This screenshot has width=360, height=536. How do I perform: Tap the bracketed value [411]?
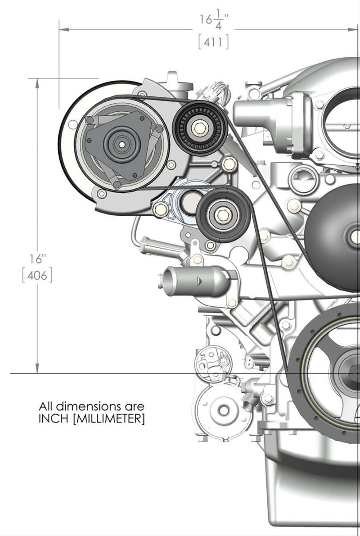(x=214, y=42)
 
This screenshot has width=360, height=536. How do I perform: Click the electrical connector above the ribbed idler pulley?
(x=217, y=90)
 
